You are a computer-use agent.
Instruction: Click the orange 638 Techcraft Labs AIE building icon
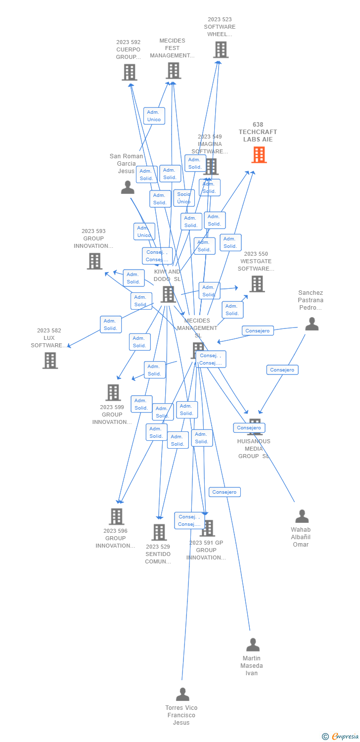pyautogui.click(x=259, y=155)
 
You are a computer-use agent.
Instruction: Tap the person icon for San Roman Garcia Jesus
pyautogui.click(x=128, y=187)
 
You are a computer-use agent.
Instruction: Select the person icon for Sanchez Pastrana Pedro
pyautogui.click(x=312, y=324)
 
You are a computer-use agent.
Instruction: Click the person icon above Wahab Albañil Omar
pyautogui.click(x=302, y=516)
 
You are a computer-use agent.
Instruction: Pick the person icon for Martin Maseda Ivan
pyautogui.click(x=253, y=645)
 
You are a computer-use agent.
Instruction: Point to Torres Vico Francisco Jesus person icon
pyautogui.click(x=182, y=695)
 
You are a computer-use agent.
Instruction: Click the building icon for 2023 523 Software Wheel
pyautogui.click(x=221, y=50)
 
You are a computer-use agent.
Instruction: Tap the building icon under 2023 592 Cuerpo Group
pyautogui.click(x=129, y=72)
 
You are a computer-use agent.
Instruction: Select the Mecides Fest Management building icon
pyautogui.click(x=173, y=71)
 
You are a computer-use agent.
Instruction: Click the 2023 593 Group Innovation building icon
pyautogui.click(x=94, y=261)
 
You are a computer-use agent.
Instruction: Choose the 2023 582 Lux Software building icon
pyautogui.click(x=50, y=361)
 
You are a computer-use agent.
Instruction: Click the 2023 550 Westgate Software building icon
pyautogui.click(x=257, y=284)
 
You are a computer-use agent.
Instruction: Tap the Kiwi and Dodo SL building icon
pyautogui.click(x=168, y=294)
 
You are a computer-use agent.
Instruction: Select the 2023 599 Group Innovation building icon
pyautogui.click(x=113, y=393)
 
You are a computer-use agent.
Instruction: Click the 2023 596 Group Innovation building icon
pyautogui.click(x=116, y=516)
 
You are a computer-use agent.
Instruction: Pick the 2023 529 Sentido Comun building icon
pyautogui.click(x=159, y=532)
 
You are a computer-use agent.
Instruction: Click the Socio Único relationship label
pyautogui.click(x=183, y=198)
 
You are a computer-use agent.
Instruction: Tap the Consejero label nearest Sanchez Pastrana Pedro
pyautogui.click(x=258, y=330)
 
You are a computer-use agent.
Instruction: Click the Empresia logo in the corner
pyautogui.click(x=340, y=737)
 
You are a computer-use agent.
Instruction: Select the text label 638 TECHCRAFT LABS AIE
pyautogui.click(x=258, y=132)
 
